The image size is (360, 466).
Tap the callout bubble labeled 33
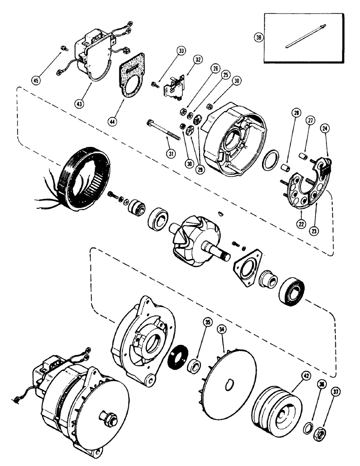(x=181, y=51)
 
